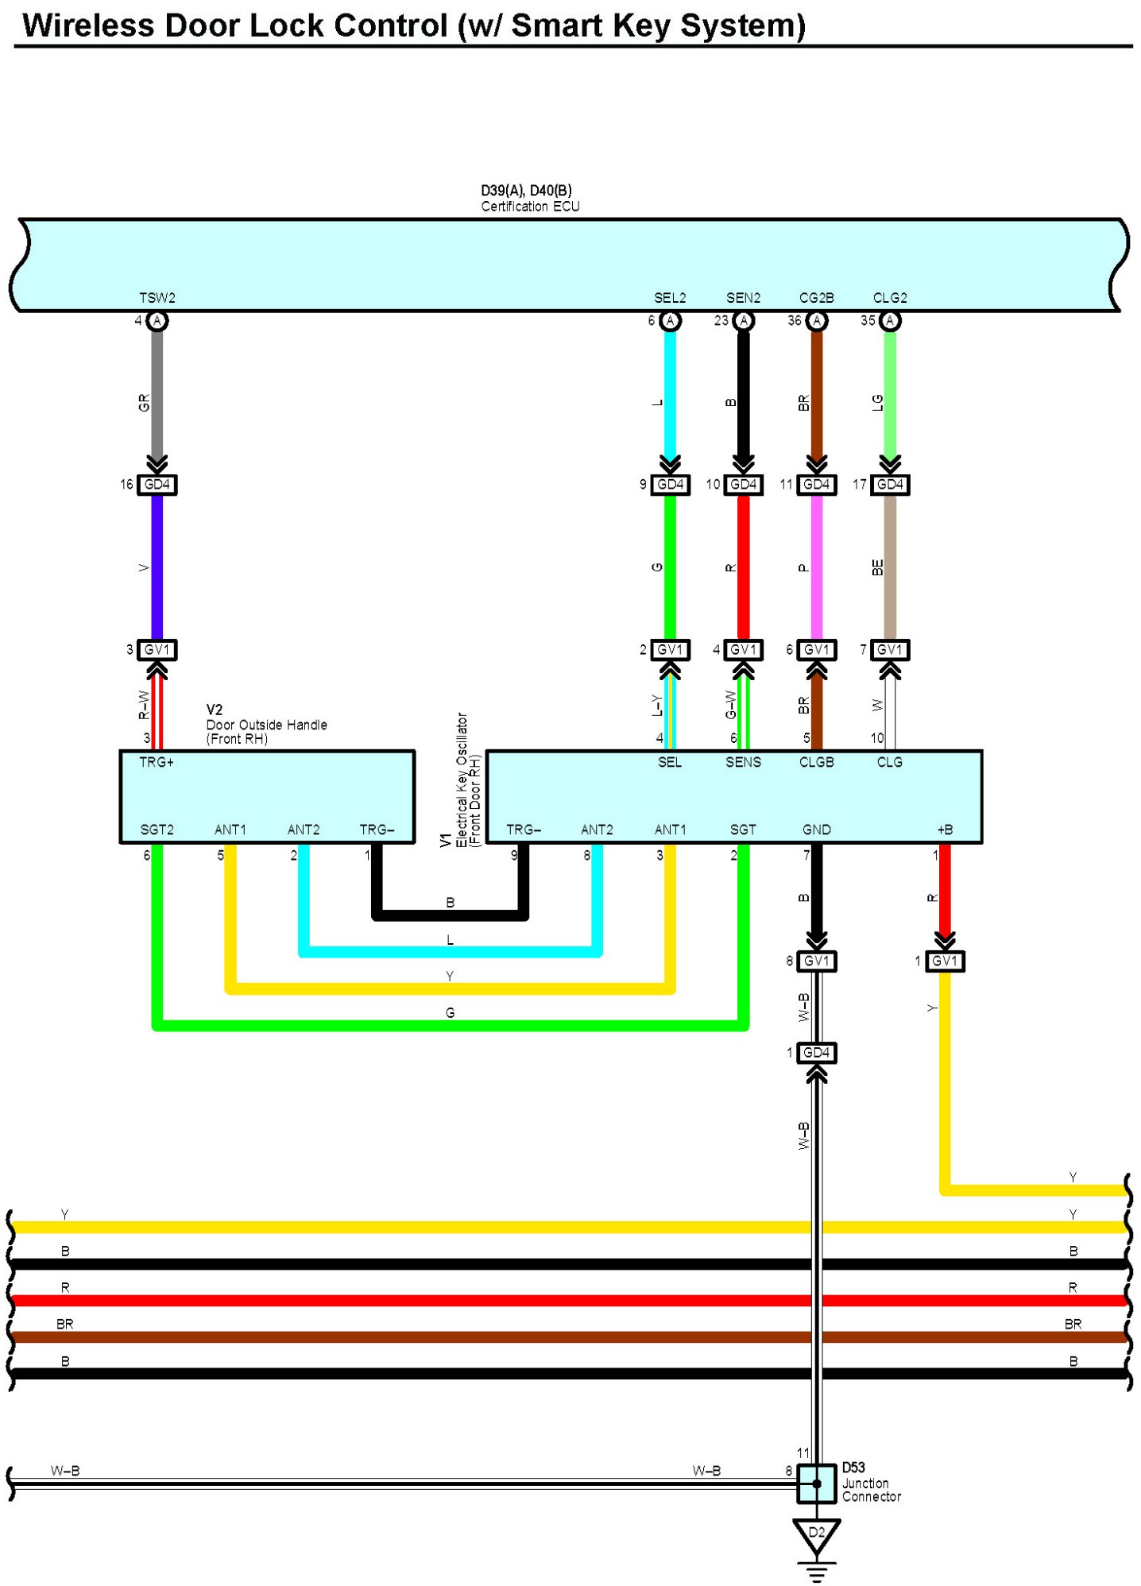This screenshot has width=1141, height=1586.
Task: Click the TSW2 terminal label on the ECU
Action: tap(157, 298)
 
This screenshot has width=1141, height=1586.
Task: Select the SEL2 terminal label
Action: tap(670, 298)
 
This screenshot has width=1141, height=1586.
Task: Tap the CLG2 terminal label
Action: tap(890, 298)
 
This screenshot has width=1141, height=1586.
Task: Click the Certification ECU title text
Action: tap(530, 207)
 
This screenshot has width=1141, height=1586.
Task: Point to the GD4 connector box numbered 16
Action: tap(157, 485)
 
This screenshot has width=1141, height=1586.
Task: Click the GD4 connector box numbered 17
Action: tap(890, 485)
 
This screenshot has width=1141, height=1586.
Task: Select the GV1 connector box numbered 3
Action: tap(157, 650)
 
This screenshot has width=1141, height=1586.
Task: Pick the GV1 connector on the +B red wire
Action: tap(945, 961)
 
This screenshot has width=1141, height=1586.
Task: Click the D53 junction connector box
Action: tap(817, 1483)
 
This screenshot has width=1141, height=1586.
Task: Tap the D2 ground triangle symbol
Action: tap(817, 1536)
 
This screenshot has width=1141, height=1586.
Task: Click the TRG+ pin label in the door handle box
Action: tap(157, 762)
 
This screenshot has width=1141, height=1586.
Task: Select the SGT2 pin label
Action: tap(157, 830)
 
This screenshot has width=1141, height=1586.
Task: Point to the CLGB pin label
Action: tap(817, 762)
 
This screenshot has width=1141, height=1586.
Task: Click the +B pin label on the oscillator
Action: tap(945, 830)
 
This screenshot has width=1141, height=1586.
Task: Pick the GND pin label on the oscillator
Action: tap(817, 830)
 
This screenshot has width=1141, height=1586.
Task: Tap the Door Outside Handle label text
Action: tap(267, 725)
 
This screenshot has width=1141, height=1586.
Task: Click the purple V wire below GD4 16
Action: tap(157, 567)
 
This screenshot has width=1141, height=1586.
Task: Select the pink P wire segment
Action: tap(817, 567)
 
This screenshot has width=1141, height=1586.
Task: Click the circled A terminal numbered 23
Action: tap(744, 321)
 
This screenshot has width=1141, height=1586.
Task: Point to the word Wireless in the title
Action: tap(88, 25)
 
